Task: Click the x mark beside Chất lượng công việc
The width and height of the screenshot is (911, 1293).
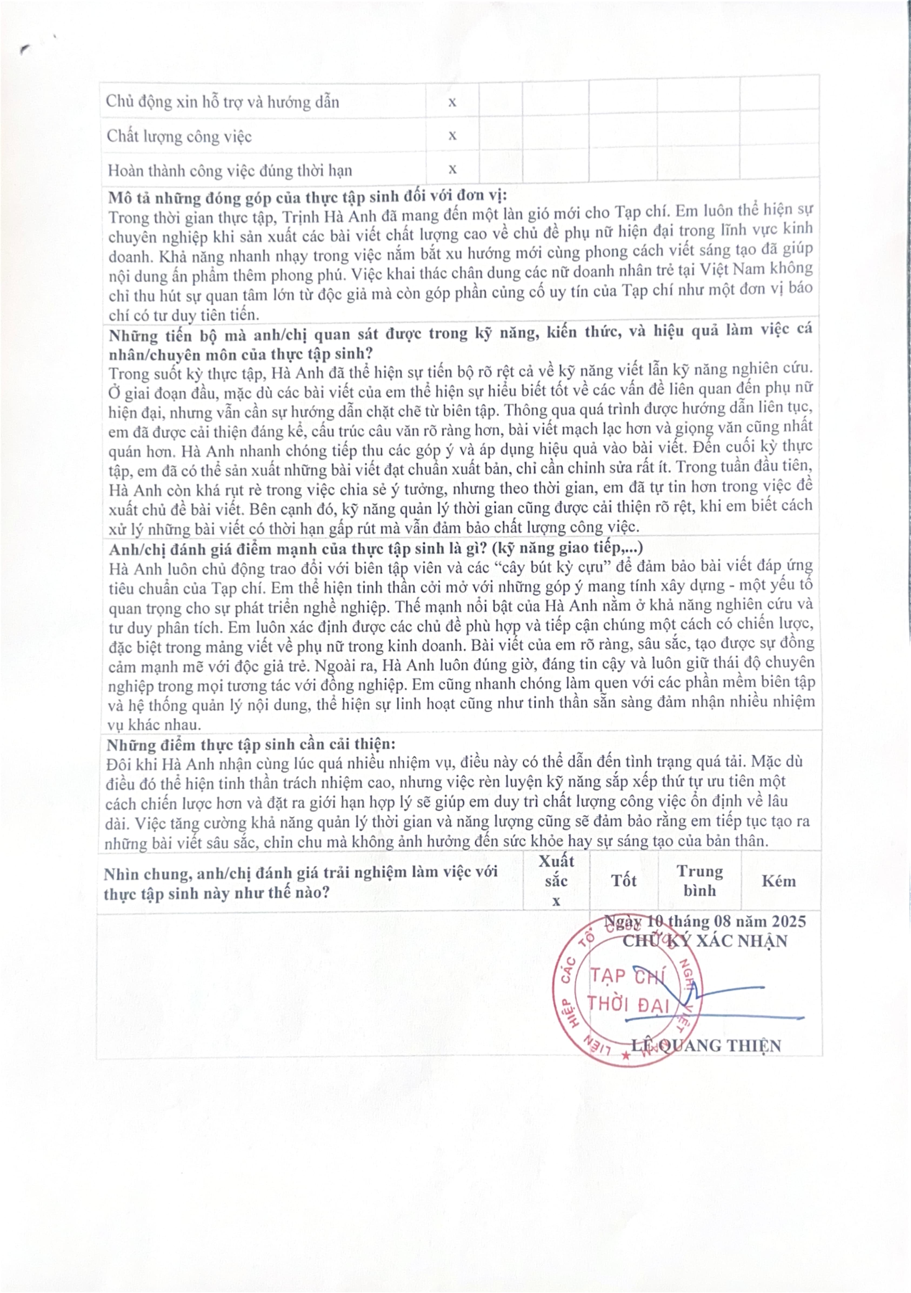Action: [452, 136]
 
